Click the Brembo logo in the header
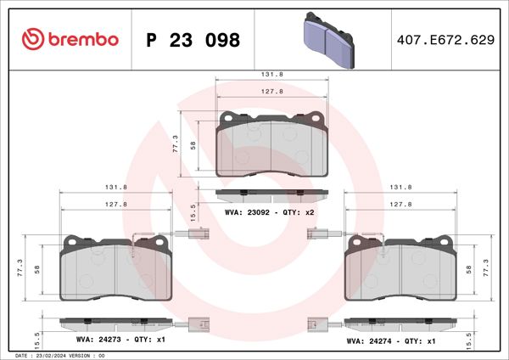coord(70,39)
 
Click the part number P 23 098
coord(193,40)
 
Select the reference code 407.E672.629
coord(445,40)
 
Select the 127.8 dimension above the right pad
coord(400,205)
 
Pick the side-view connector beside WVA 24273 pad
coord(199,323)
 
